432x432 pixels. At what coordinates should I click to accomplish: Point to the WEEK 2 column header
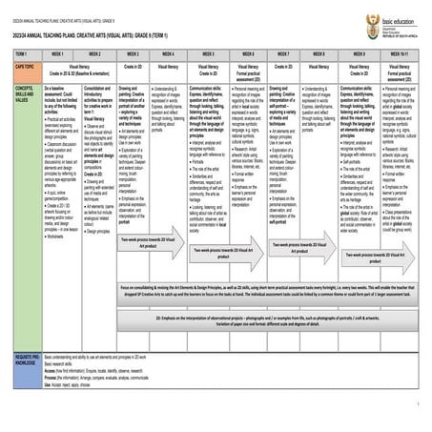[93, 55]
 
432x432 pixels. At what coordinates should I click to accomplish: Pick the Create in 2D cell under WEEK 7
[283, 68]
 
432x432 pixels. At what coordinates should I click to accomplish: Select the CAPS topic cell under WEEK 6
[246, 71]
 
